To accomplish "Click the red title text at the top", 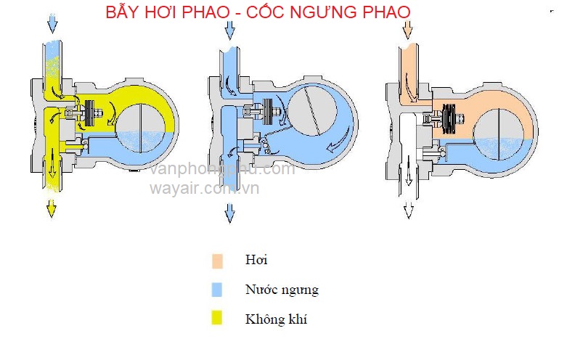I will tap(257, 12).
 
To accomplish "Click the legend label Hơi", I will tap(256, 261).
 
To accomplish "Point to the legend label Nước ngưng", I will tap(282, 290).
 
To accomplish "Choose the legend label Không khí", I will tap(276, 319).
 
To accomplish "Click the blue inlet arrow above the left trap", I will tap(52, 24).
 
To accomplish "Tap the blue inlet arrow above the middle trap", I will tap(229, 28).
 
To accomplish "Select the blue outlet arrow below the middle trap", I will tap(229, 212).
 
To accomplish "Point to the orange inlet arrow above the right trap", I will tap(407, 28).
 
